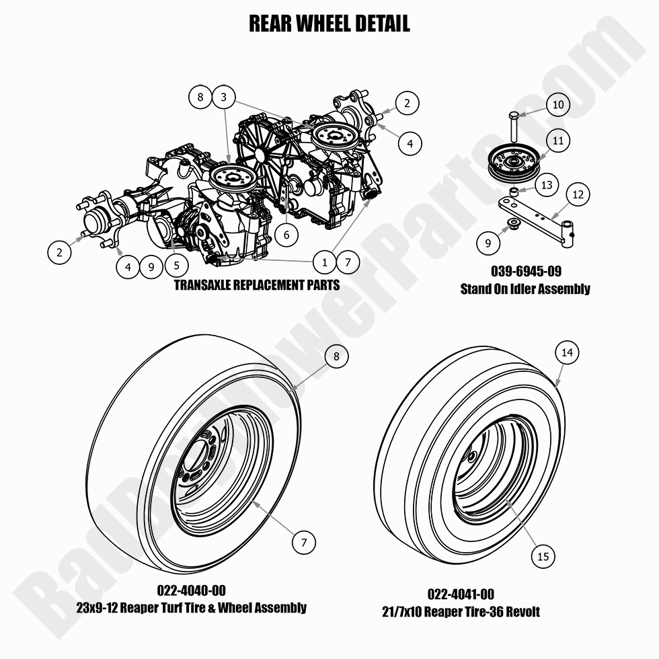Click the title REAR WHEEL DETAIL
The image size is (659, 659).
click(x=329, y=24)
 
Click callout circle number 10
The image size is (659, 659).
click(x=559, y=105)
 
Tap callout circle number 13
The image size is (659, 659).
click(x=547, y=185)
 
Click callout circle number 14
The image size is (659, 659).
click(x=568, y=352)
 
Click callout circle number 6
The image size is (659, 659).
click(x=286, y=235)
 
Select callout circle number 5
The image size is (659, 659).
click(x=176, y=265)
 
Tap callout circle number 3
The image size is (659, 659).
click(x=224, y=98)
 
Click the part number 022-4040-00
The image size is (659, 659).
click(x=191, y=591)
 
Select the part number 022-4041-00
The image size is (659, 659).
click(x=461, y=594)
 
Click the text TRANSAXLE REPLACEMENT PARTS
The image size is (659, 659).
click(x=256, y=284)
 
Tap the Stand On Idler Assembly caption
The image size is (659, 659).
click(x=525, y=289)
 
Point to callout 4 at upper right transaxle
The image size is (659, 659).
click(x=410, y=143)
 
